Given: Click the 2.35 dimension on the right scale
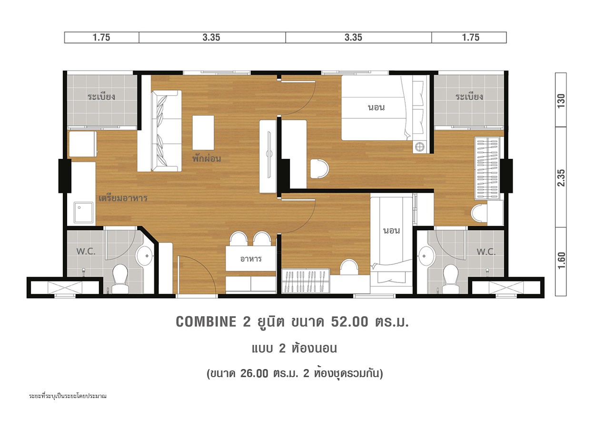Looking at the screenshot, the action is (561, 177).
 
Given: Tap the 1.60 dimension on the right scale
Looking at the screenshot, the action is (561, 261).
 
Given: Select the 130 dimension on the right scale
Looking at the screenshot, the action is (561, 101).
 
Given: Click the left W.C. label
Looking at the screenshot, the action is (86, 251).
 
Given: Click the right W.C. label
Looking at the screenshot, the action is (486, 252).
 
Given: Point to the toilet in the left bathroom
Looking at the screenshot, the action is (120, 279).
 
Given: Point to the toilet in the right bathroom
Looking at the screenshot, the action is (451, 279).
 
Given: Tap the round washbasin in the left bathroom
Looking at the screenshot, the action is (145, 255).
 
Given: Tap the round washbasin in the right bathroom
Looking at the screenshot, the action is (426, 256).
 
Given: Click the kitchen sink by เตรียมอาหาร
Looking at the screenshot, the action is (83, 212).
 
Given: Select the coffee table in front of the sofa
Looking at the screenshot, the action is (203, 133).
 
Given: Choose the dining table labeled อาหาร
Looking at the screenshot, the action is (250, 259).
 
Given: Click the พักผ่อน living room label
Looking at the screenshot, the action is (207, 158).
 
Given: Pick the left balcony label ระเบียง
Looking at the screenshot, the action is (101, 97).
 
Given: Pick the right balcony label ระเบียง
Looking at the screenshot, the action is (469, 97).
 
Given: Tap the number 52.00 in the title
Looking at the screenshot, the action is (349, 322).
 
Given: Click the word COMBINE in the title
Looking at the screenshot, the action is (206, 322).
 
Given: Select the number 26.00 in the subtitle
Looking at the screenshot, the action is (254, 373).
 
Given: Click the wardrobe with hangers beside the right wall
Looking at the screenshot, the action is (487, 168).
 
